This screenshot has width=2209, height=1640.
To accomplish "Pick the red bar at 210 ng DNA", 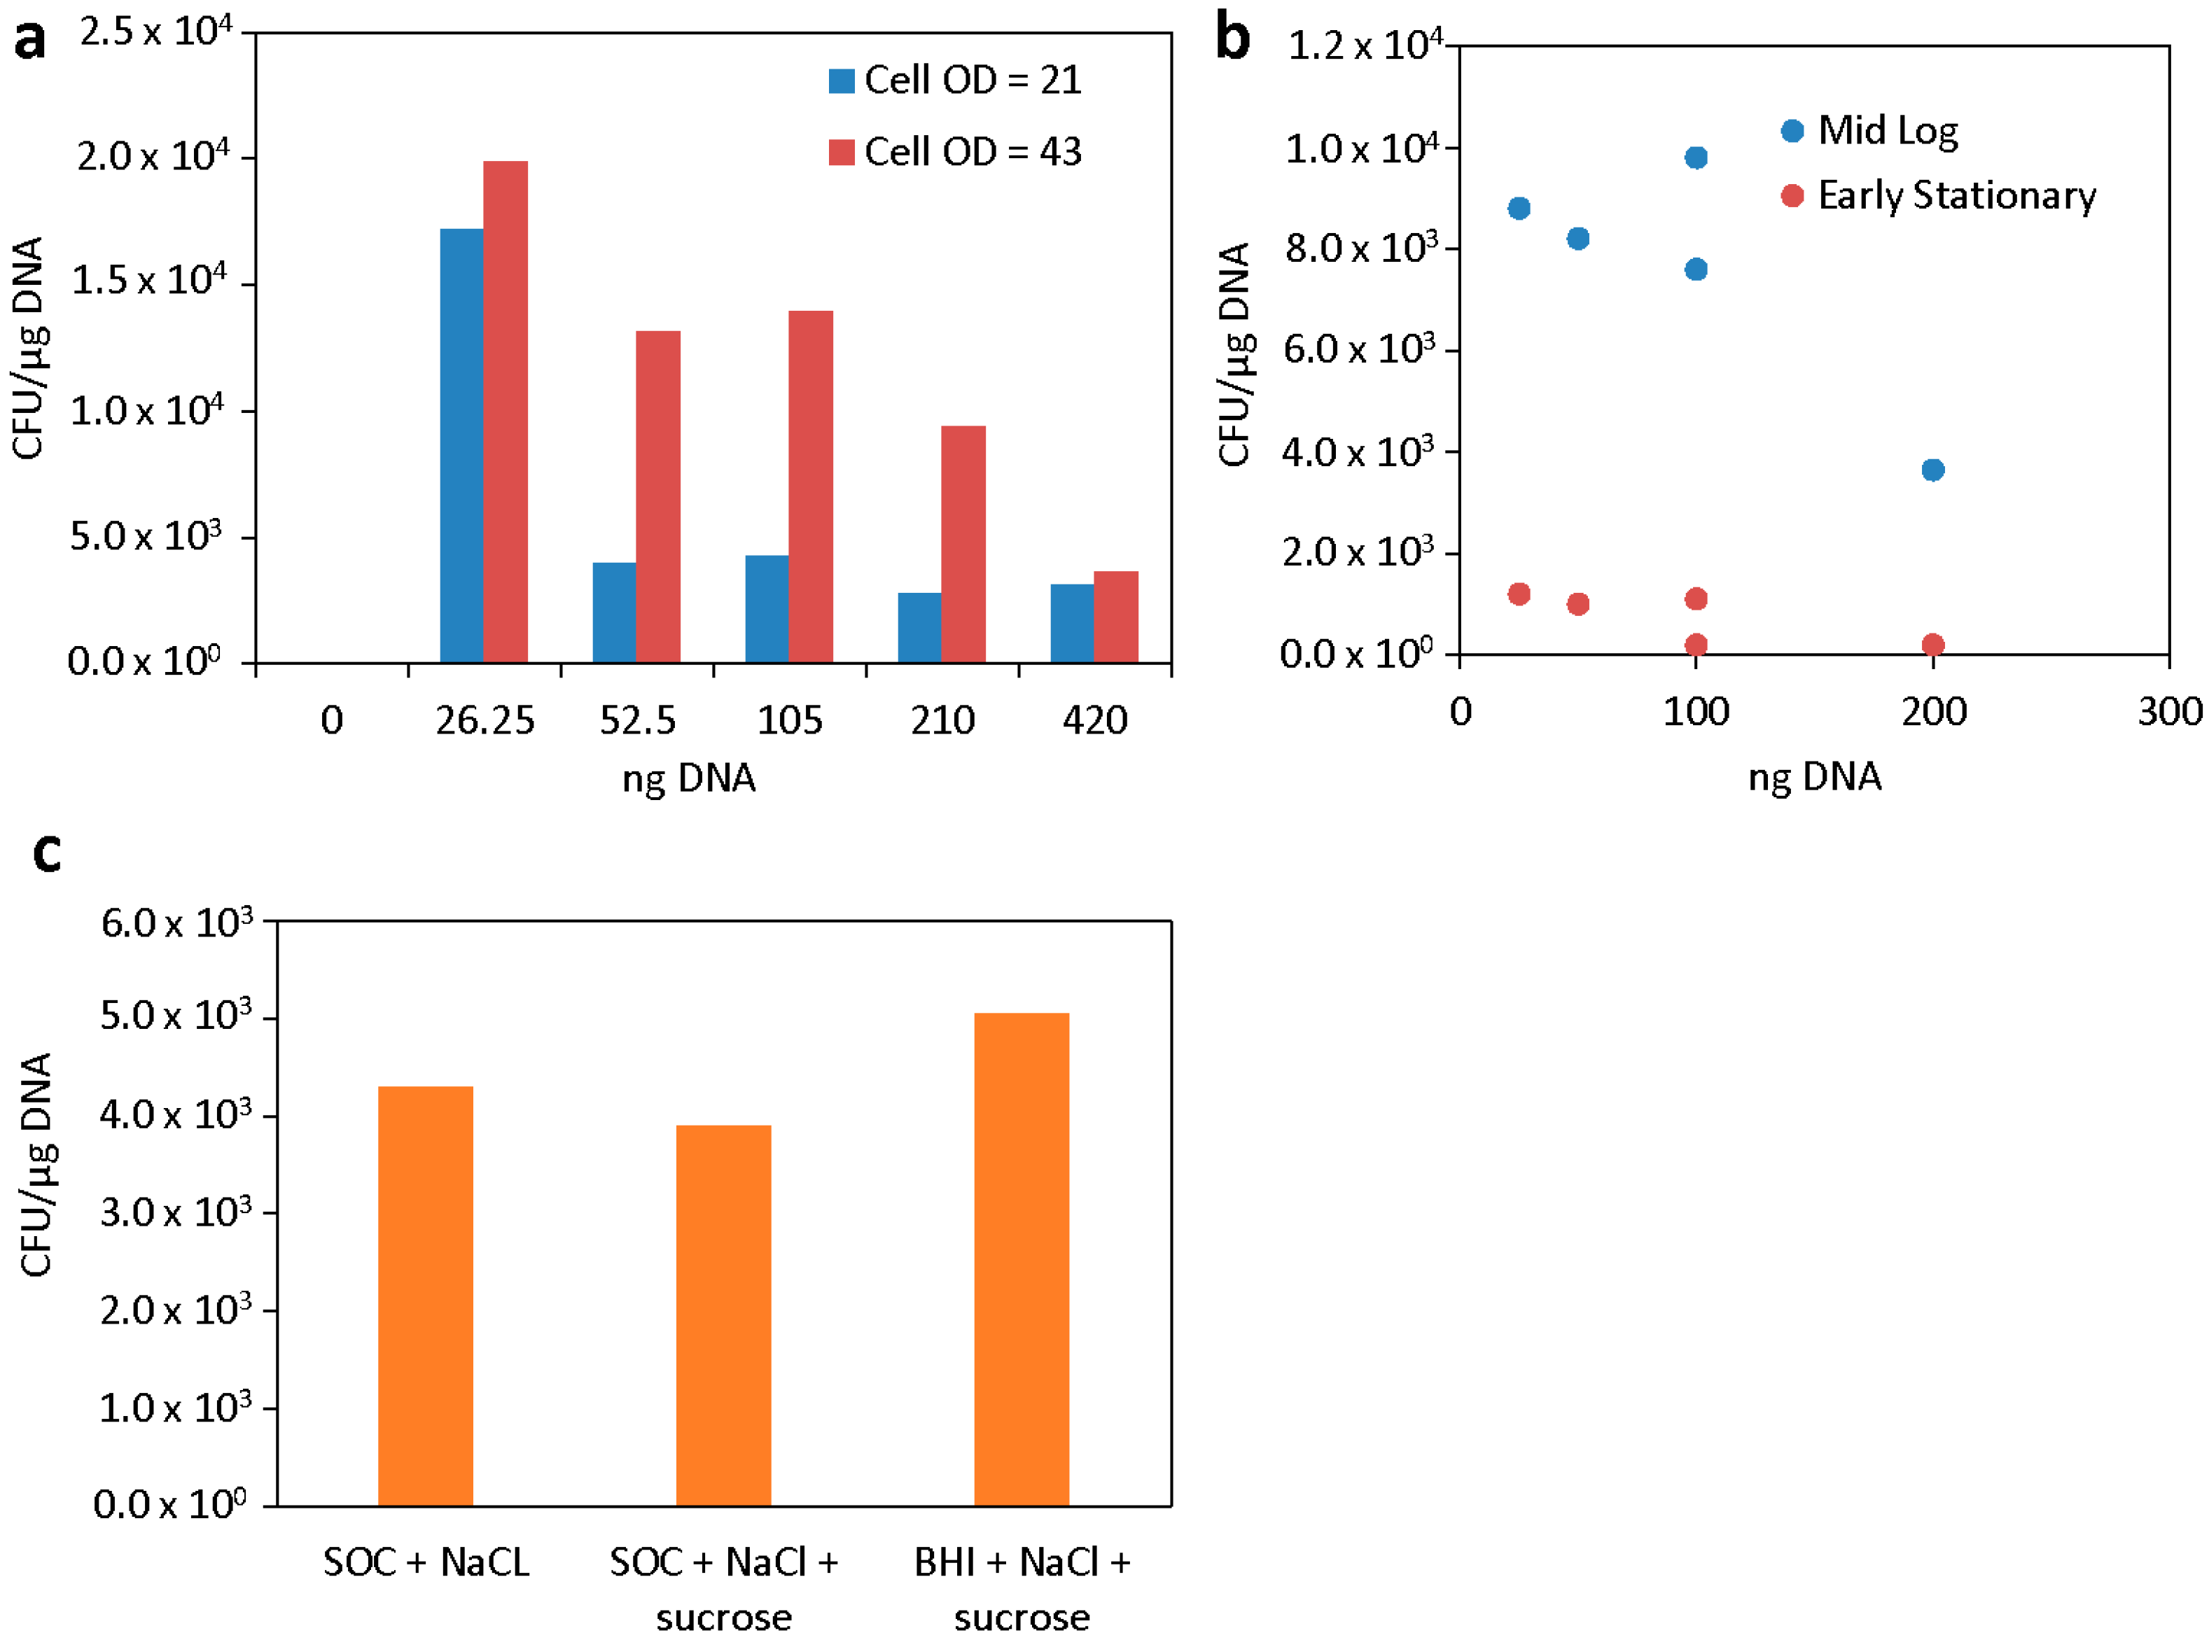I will click(962, 543).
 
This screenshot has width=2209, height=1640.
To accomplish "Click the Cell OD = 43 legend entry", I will click(955, 152).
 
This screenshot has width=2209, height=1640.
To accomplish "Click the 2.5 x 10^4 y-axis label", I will click(155, 31).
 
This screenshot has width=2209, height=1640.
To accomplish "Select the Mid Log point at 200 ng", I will click(1932, 470).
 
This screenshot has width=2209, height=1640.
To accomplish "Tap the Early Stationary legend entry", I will click(1938, 195).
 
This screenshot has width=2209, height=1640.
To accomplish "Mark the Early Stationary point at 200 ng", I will click(1932, 644).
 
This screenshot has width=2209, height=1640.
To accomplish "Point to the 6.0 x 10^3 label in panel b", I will click(1358, 349).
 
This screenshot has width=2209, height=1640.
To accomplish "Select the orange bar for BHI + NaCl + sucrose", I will click(1021, 1259).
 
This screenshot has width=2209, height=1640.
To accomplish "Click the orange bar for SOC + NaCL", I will click(425, 1296).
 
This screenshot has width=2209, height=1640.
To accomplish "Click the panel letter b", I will click(1232, 40).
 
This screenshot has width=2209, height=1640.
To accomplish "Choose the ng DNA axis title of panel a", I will click(688, 778).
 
